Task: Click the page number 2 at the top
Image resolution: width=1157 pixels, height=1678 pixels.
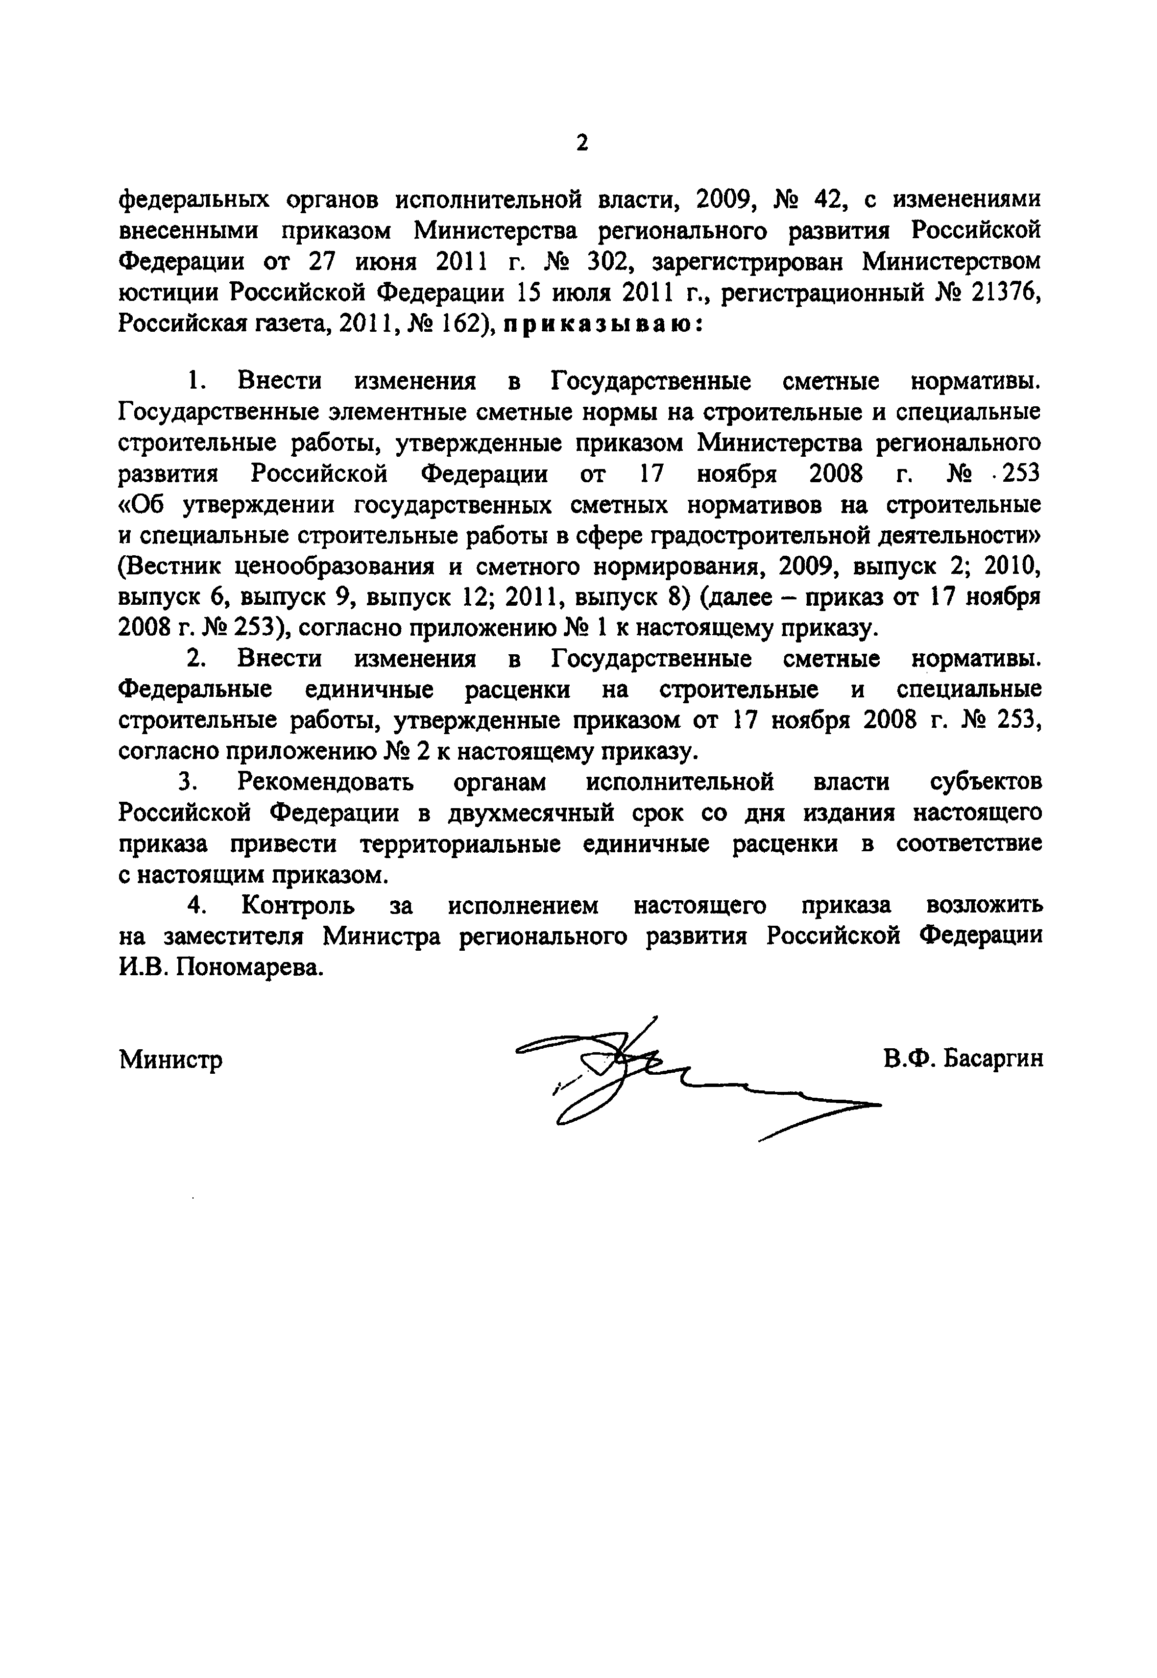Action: [581, 143]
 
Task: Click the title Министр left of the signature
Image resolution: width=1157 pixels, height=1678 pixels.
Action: [171, 1060]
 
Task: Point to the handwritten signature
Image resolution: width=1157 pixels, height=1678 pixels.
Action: [652, 1073]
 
